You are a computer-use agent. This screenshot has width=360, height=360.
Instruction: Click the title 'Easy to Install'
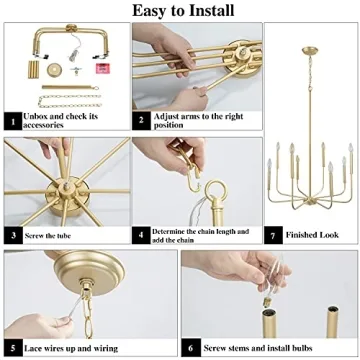tap(180, 11)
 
